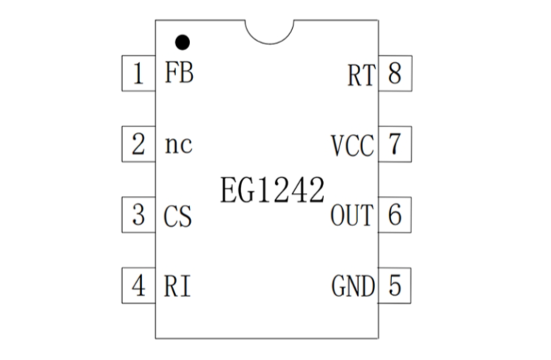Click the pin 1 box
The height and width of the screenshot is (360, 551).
click(x=138, y=74)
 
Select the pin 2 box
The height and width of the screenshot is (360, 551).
click(x=138, y=144)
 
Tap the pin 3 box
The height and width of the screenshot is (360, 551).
click(x=138, y=216)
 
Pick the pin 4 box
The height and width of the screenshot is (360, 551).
click(x=138, y=285)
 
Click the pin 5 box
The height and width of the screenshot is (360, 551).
click(x=394, y=285)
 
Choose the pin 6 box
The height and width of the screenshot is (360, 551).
click(x=394, y=215)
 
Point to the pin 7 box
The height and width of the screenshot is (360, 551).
click(x=394, y=144)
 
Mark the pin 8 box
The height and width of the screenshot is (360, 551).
click(x=394, y=74)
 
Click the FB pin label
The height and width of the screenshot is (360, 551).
click(x=179, y=75)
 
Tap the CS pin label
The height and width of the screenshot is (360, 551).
click(x=178, y=217)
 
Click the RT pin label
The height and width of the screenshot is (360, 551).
click(x=360, y=75)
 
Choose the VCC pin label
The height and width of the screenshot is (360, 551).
click(x=352, y=146)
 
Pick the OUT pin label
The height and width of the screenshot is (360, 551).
click(x=352, y=217)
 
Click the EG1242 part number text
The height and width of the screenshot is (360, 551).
click(x=272, y=191)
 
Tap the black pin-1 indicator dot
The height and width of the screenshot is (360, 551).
click(x=181, y=41)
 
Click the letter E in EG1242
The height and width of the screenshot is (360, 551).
click(x=228, y=191)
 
